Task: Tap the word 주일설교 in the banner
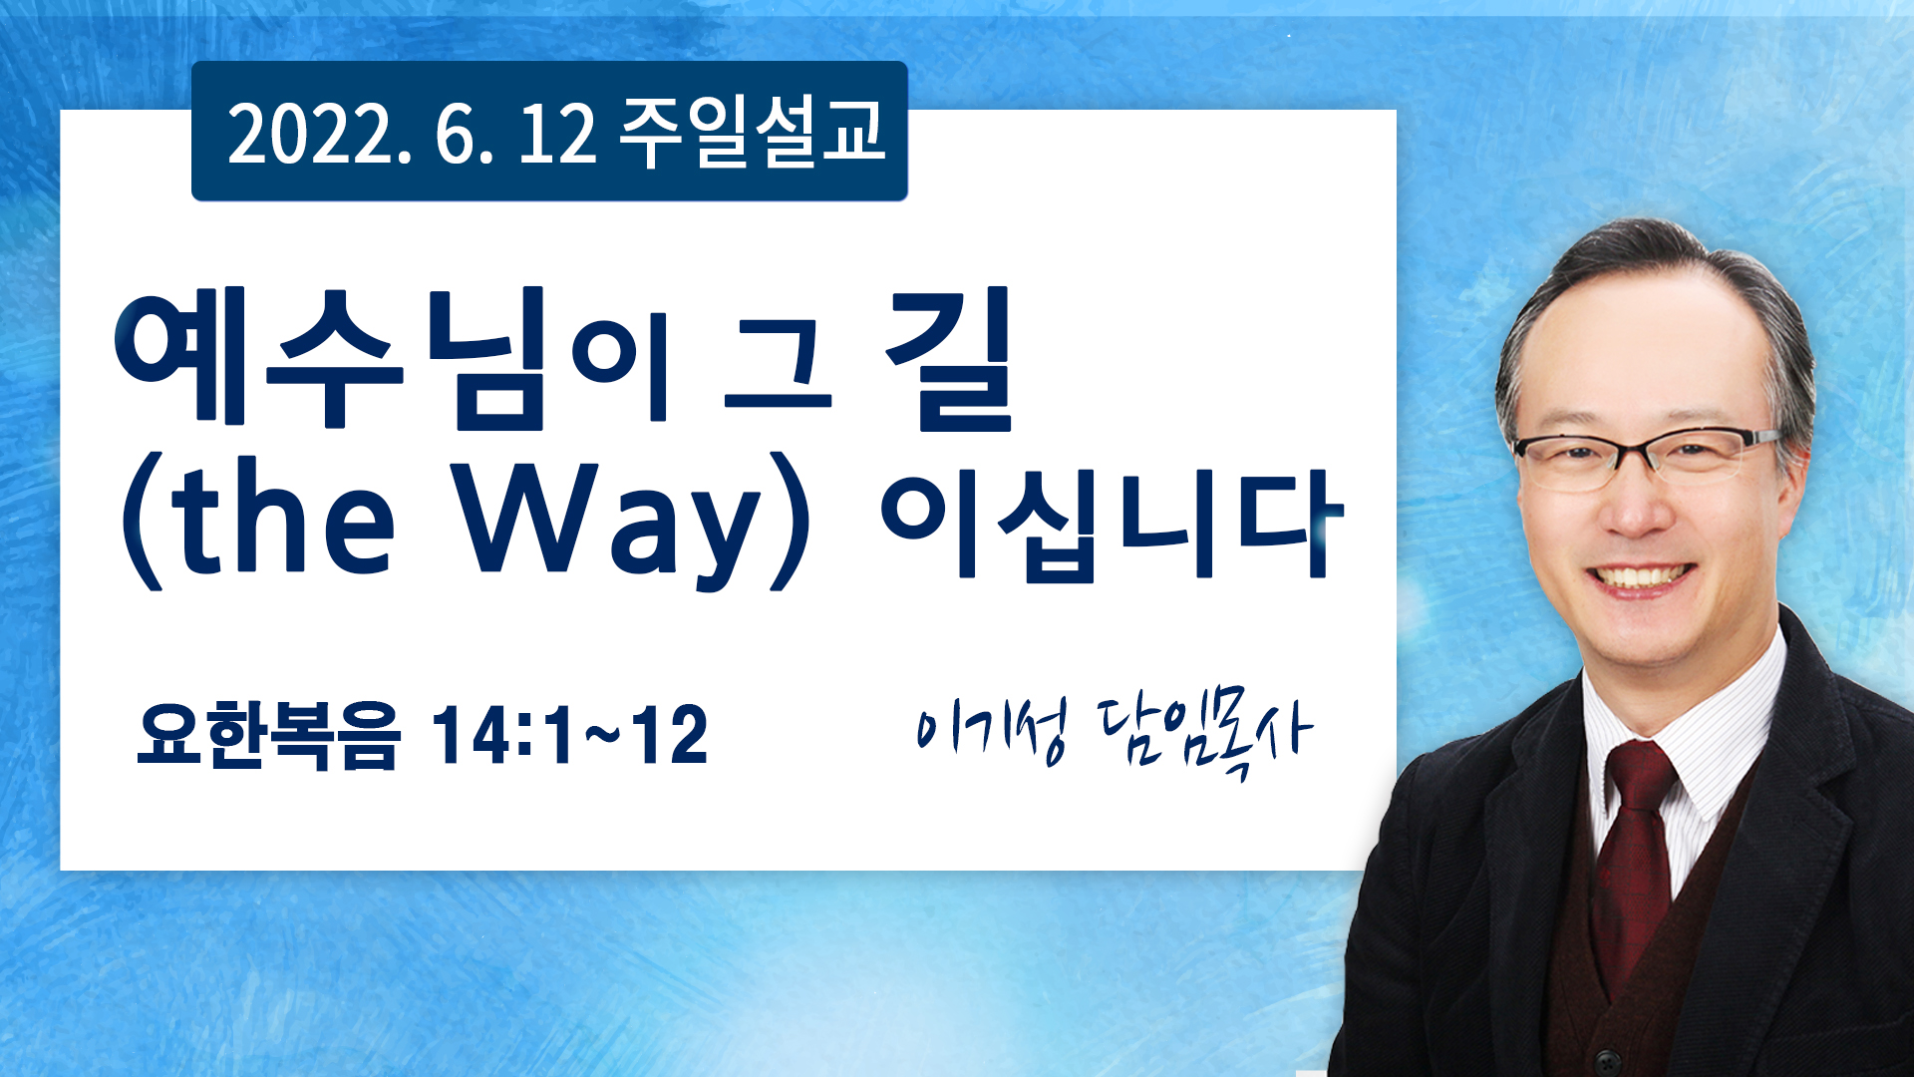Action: pyautogui.click(x=753, y=132)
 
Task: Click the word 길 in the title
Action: pyautogui.click(x=951, y=359)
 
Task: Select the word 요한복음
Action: pyautogui.click(x=268, y=735)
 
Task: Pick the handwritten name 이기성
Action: pyautogui.click(x=991, y=730)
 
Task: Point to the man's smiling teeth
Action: pyautogui.click(x=1641, y=577)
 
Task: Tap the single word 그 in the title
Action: pyautogui.click(x=779, y=371)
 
